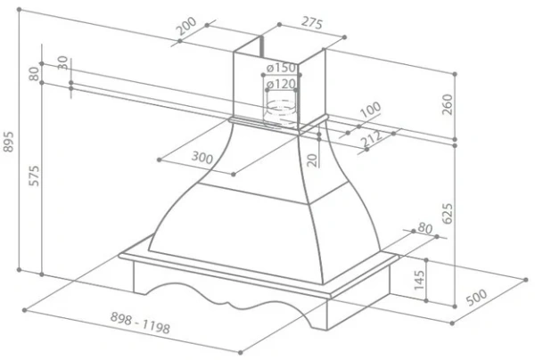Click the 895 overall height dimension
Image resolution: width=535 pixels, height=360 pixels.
[9, 142]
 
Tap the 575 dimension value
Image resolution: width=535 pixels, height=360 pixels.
[34, 176]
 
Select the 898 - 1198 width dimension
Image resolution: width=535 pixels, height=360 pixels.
[140, 323]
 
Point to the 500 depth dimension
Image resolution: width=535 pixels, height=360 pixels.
[477, 297]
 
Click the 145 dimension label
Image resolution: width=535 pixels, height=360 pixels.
[419, 280]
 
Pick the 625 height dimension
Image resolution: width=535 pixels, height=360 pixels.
[447, 214]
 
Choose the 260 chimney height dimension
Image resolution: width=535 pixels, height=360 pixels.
[447, 104]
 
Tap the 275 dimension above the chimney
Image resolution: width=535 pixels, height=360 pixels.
[311, 23]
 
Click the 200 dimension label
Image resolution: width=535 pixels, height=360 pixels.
[187, 26]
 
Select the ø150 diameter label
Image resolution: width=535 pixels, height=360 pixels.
[281, 68]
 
